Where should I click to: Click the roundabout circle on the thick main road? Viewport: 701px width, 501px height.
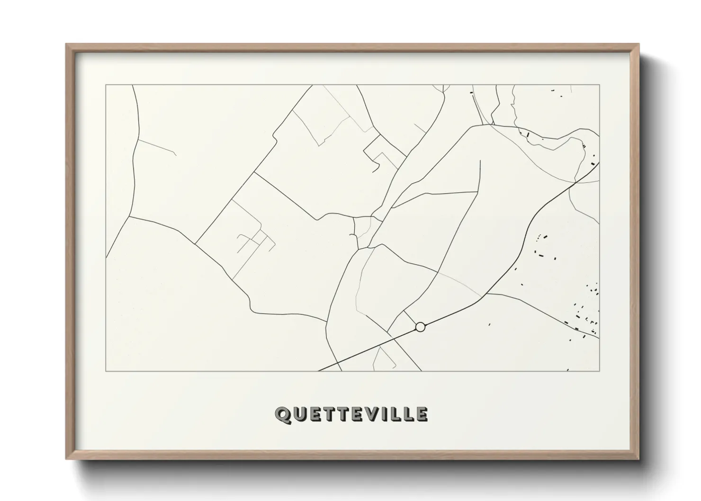pos(420,327)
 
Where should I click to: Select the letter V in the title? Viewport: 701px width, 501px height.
pos(374,414)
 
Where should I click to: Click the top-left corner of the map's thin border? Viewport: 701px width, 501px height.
pos(106,85)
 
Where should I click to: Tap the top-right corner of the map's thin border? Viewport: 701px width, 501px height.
pos(600,85)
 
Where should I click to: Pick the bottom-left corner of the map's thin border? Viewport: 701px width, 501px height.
pos(106,371)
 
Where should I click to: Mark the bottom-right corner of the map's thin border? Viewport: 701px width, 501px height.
pos(600,371)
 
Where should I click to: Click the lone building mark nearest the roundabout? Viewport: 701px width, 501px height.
pos(489,324)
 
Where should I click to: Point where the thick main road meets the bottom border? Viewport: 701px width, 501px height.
pos(319,371)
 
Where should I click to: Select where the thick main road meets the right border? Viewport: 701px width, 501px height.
pos(599,162)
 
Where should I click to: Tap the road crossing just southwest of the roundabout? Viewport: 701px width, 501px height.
pos(393,338)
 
